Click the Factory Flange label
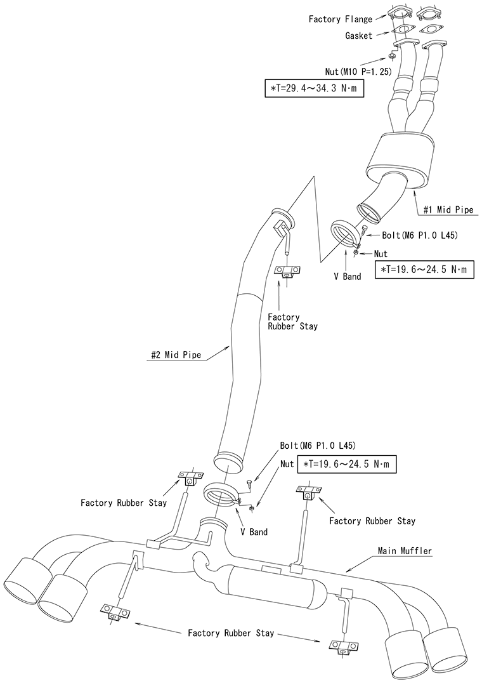(x=340, y=20)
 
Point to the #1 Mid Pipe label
(x=448, y=209)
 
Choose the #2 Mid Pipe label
(x=176, y=355)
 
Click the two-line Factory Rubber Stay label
(x=292, y=321)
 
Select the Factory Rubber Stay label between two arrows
(x=231, y=633)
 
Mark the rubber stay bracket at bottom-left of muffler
(x=115, y=613)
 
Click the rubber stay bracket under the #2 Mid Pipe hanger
(x=287, y=271)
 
